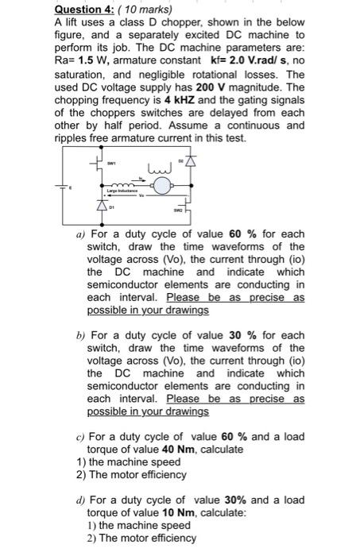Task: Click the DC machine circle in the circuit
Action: click(163, 187)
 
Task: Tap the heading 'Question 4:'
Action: click(82, 10)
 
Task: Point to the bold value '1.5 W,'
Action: click(98, 60)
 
